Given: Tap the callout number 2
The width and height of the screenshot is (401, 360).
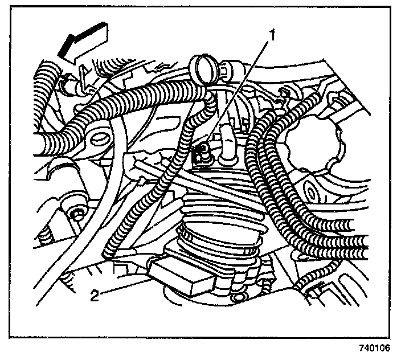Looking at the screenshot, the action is point(96,294).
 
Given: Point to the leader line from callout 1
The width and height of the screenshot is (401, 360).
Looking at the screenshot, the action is point(240,91).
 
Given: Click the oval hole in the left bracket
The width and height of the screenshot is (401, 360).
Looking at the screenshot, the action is point(100,137).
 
